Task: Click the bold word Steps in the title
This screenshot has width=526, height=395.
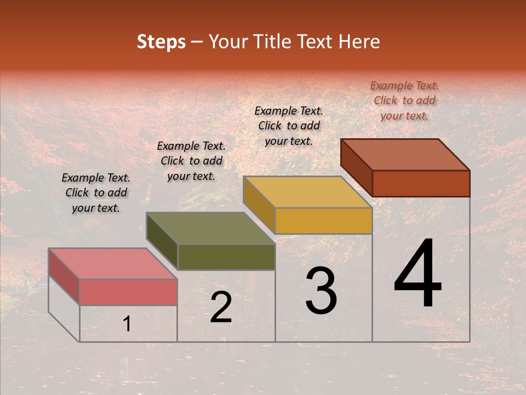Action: [x=161, y=42]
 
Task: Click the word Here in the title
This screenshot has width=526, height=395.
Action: [x=359, y=42]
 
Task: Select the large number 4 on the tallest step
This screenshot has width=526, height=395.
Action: [x=418, y=274]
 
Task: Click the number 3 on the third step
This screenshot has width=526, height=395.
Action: [x=321, y=291]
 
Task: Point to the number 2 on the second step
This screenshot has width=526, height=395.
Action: [x=221, y=307]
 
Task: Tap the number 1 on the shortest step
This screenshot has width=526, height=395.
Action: [x=127, y=324]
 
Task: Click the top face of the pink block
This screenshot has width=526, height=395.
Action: [x=113, y=263]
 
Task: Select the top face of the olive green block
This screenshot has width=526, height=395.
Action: [x=210, y=228]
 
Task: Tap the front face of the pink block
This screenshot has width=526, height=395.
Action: [x=128, y=292]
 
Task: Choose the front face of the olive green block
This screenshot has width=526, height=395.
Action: [x=226, y=257]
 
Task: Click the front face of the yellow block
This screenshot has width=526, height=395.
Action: [x=323, y=221]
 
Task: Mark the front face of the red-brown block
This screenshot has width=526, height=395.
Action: [x=421, y=183]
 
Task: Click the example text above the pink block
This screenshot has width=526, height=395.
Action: [x=96, y=193]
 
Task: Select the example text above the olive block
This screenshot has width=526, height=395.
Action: [x=191, y=161]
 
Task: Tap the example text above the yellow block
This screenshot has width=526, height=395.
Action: [x=289, y=126]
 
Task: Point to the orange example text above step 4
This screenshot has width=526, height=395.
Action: [x=404, y=100]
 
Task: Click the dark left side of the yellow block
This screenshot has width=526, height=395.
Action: [x=259, y=204]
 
